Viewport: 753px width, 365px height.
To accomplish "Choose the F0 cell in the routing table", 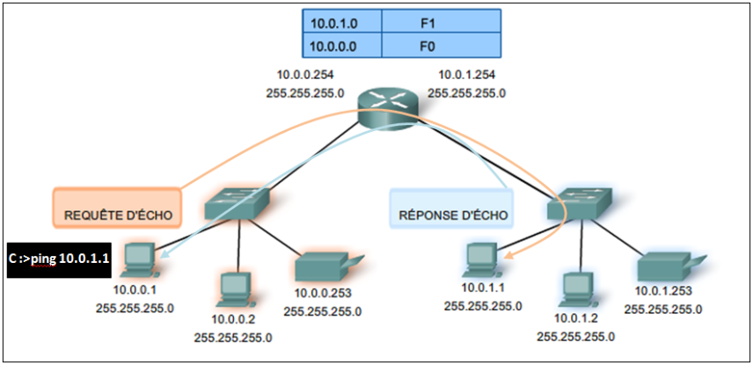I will [x=446, y=44].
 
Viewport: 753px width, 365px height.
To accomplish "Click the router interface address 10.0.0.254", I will [x=305, y=76].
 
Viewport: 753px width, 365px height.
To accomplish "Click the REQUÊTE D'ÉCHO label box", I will [x=117, y=208].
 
